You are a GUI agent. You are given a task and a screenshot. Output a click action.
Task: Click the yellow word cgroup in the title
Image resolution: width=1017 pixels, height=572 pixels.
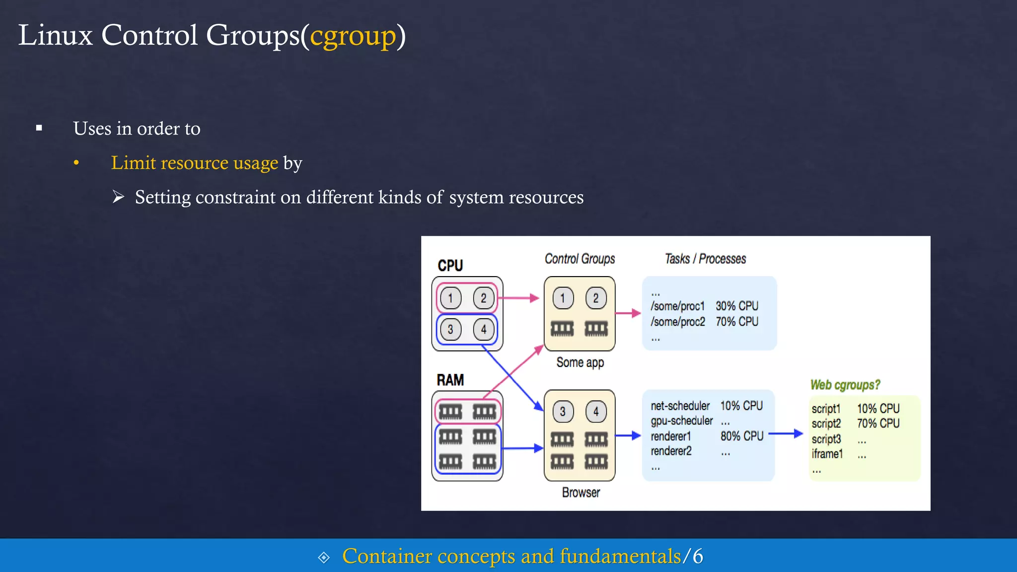click(353, 36)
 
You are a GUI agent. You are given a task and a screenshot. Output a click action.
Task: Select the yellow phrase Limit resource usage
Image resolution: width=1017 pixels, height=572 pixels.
click(194, 163)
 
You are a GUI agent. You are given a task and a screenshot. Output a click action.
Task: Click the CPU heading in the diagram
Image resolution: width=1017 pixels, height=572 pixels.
click(450, 266)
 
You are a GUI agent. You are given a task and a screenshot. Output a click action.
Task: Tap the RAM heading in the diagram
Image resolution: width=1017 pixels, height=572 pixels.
click(450, 380)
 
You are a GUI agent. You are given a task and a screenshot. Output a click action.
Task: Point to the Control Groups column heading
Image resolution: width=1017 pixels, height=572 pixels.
click(580, 259)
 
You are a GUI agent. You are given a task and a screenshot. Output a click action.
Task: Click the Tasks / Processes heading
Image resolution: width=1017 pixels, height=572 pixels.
click(705, 259)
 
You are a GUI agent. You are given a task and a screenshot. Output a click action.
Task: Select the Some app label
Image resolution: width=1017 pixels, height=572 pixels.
click(580, 362)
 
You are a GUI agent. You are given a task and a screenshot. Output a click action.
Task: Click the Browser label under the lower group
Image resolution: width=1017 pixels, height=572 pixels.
click(581, 493)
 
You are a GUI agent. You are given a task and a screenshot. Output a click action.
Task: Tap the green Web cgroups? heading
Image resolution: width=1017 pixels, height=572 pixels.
click(845, 385)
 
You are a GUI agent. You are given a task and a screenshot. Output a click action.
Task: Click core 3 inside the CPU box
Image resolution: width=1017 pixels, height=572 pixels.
click(450, 329)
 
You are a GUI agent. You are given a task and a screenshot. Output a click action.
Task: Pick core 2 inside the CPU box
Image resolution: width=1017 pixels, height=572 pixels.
click(483, 298)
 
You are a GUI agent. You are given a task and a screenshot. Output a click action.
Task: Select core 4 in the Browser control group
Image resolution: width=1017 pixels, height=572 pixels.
click(596, 412)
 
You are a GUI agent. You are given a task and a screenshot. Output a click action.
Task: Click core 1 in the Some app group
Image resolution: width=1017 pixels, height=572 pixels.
click(563, 298)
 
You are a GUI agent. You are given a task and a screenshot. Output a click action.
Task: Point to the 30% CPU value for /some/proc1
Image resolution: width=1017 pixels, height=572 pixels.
click(737, 306)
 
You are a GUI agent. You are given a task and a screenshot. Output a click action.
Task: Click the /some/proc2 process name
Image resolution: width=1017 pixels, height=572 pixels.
click(678, 322)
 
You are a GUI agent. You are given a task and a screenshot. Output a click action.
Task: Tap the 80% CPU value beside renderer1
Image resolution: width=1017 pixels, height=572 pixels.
click(742, 436)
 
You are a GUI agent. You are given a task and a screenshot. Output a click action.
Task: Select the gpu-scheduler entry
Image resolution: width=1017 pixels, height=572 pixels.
click(682, 421)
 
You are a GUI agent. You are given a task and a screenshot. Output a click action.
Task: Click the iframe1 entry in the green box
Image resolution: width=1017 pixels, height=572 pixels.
click(827, 454)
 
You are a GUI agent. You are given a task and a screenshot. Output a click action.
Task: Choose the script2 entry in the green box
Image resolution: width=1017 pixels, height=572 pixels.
click(826, 424)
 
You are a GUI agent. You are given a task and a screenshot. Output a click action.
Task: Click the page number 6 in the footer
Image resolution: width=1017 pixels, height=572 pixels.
click(698, 556)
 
